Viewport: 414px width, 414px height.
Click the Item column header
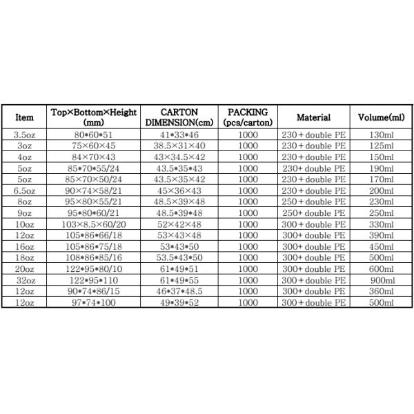click(24, 117)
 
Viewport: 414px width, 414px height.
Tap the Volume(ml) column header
click(381, 117)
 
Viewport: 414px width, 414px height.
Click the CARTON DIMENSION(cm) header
click(179, 117)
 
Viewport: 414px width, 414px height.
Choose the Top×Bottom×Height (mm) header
click(95, 117)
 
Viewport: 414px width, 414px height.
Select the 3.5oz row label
click(24, 135)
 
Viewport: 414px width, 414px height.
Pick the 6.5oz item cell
click(24, 190)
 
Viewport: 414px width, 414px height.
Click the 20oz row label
click(24, 270)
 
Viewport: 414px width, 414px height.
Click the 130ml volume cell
click(381, 135)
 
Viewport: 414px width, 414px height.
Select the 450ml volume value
click(381, 247)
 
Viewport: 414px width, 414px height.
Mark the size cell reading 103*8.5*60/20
click(95, 224)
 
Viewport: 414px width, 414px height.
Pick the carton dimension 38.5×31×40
click(179, 146)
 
